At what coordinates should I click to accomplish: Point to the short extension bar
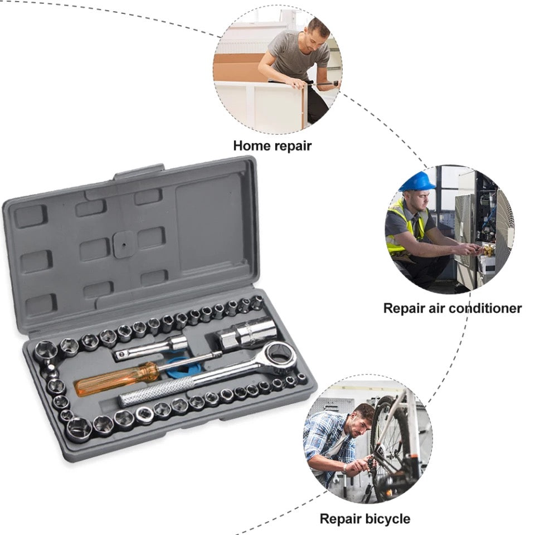pos(150,348)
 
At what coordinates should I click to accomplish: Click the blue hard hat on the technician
pos(417,182)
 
